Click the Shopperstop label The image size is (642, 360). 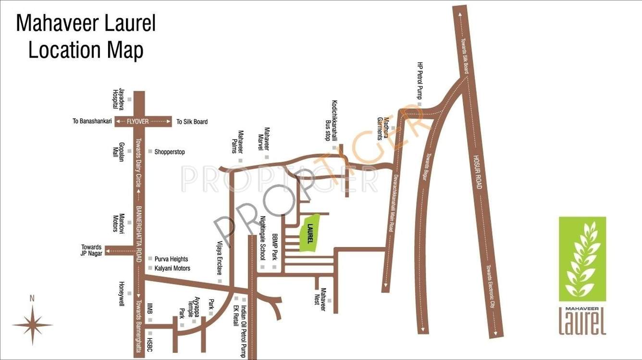point(169,152)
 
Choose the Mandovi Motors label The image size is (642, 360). point(118,223)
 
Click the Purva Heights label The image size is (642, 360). point(171,259)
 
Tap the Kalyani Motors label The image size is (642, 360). point(172,268)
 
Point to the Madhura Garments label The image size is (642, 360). point(382,128)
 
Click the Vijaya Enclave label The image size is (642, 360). point(220,258)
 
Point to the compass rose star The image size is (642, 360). point(32,325)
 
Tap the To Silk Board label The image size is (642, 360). point(192,122)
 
